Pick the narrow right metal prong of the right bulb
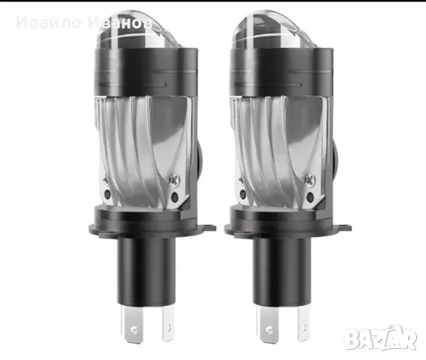point(303,322)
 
